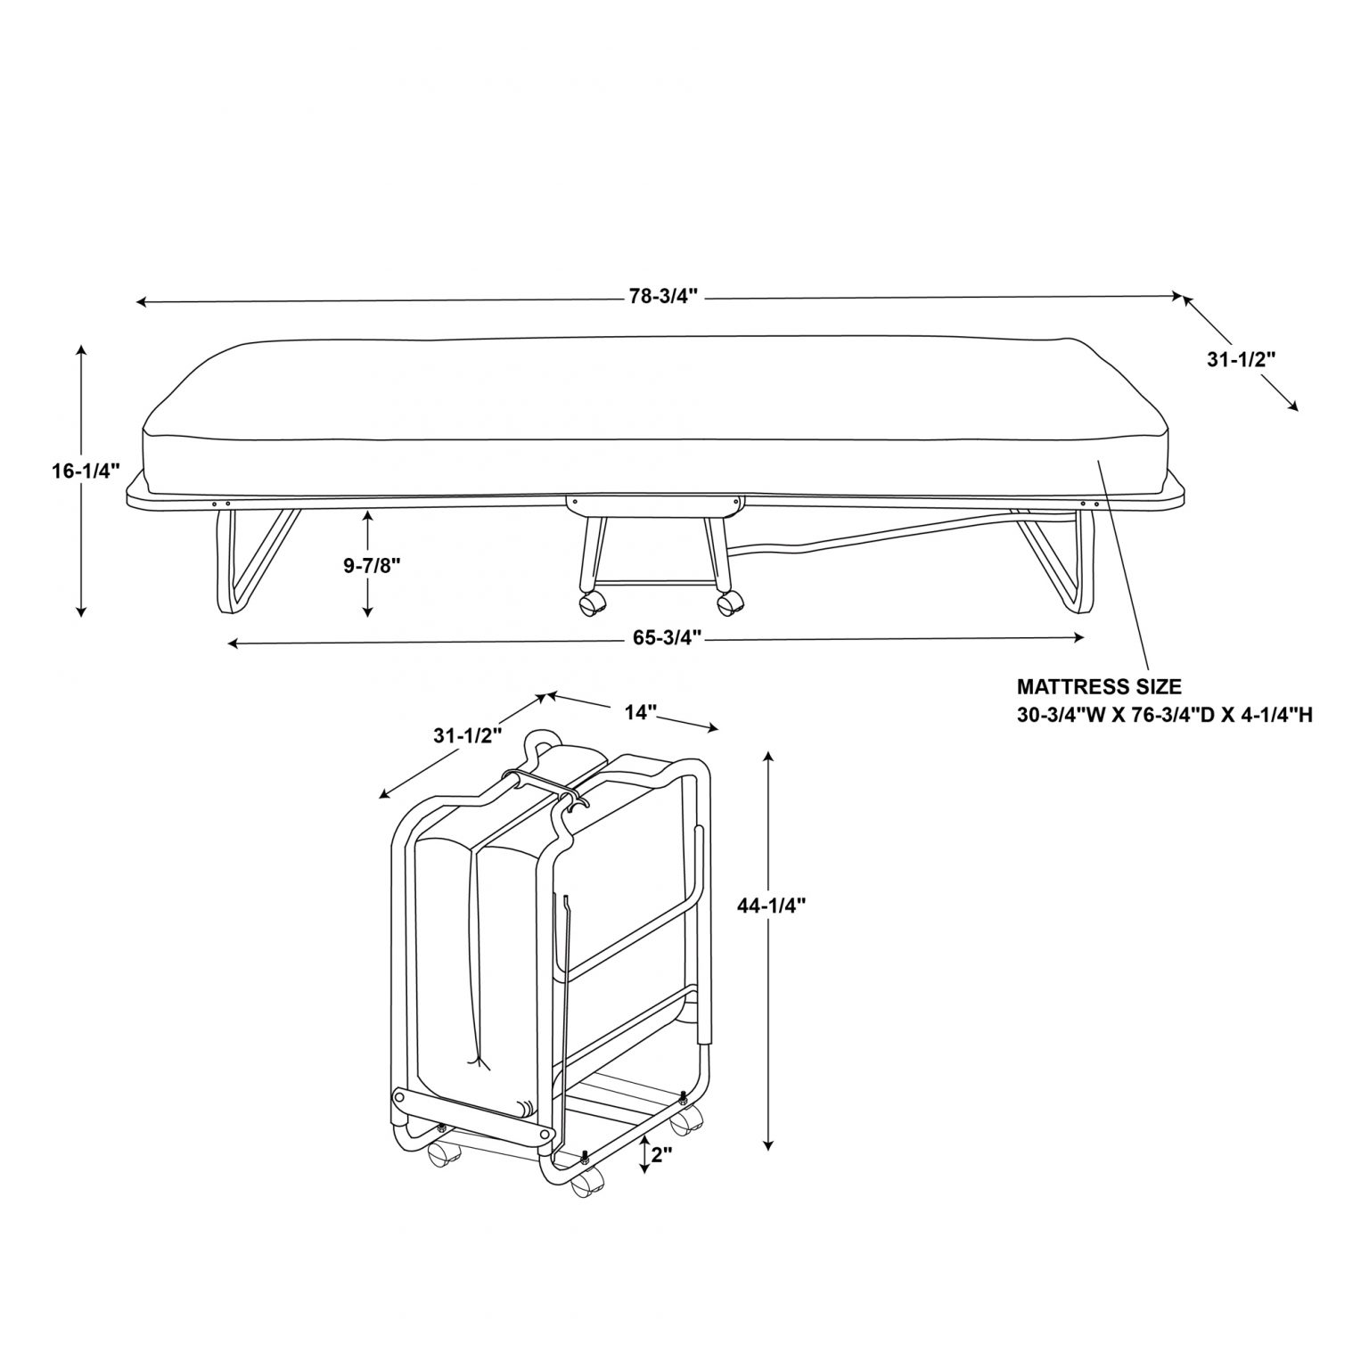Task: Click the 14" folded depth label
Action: (641, 711)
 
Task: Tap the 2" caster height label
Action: (660, 1155)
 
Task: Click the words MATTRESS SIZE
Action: (1099, 687)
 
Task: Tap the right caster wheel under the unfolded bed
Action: (728, 605)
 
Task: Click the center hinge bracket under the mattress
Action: (653, 504)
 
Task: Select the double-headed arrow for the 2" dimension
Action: (645, 1155)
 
